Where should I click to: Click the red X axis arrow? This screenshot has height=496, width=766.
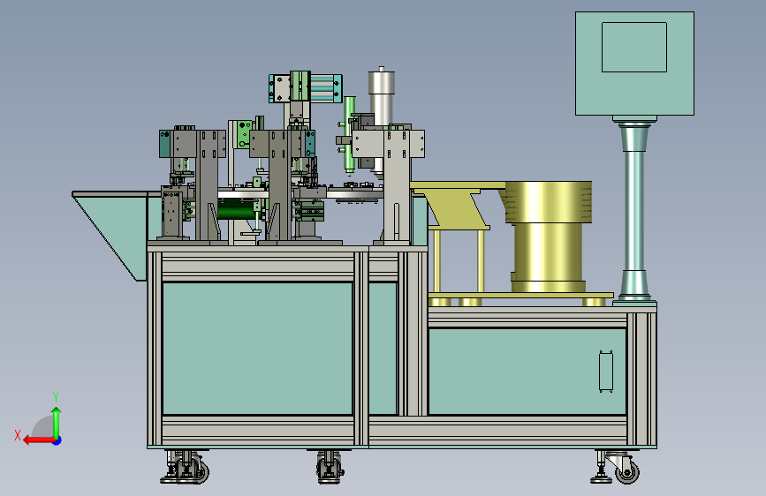click(x=39, y=440)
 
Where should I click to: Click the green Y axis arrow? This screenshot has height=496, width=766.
click(x=57, y=424)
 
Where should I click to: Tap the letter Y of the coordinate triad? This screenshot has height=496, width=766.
click(x=56, y=397)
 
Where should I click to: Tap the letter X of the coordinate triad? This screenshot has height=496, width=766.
click(x=18, y=435)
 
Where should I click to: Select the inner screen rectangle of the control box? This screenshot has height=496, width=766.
click(x=634, y=48)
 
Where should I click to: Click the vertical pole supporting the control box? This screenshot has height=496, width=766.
click(x=633, y=210)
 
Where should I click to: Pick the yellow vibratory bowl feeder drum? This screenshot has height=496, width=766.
click(x=547, y=237)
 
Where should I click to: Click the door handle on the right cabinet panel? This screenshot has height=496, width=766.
click(x=606, y=371)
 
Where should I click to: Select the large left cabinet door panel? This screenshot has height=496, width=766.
click(x=257, y=349)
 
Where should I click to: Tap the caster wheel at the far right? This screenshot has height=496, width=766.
click(x=626, y=471)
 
